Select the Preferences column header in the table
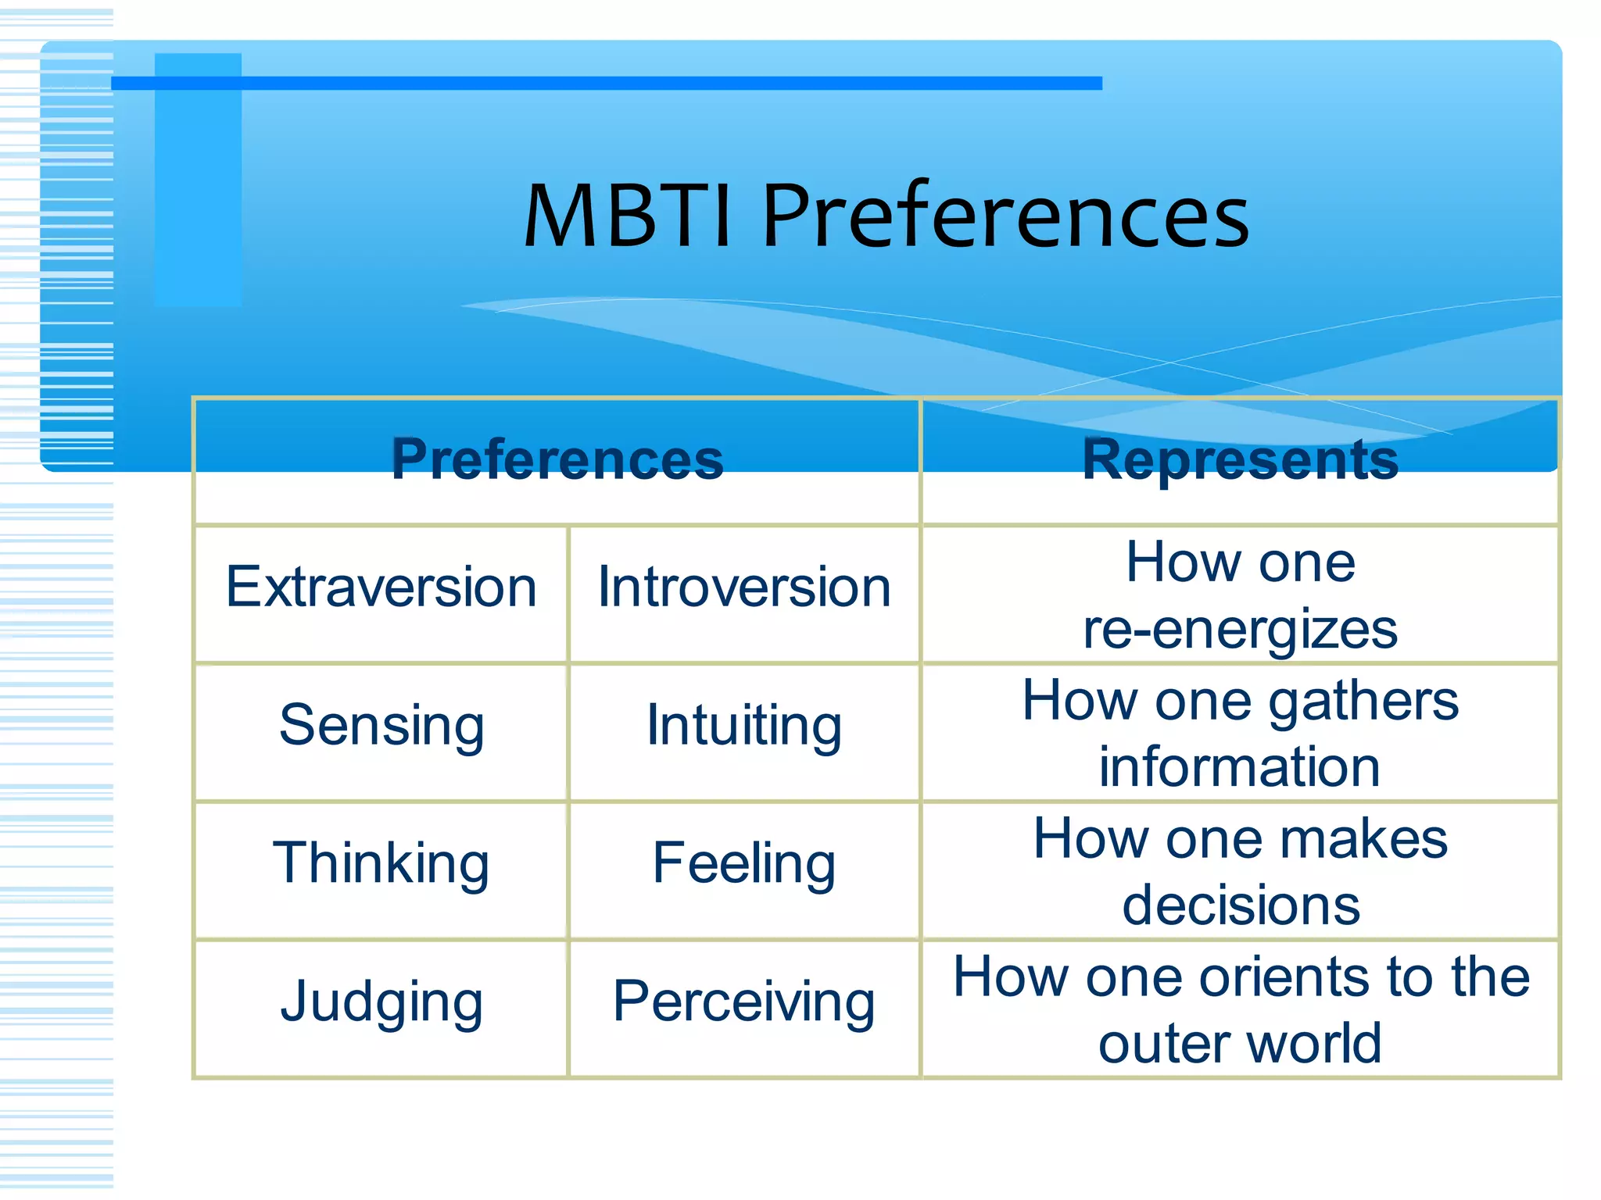[x=557, y=459]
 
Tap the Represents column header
[x=1241, y=459]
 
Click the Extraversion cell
[x=381, y=587]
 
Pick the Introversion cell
[x=744, y=587]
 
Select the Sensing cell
[x=381, y=726]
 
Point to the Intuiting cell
[x=744, y=726]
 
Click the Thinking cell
[x=381, y=863]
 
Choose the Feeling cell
[x=744, y=863]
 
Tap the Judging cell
[x=381, y=1002]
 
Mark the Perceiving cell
[x=744, y=1002]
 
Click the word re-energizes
[x=1241, y=630]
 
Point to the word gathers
[x=1363, y=701]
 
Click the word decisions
[x=1241, y=905]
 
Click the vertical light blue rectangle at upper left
[x=198, y=180]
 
